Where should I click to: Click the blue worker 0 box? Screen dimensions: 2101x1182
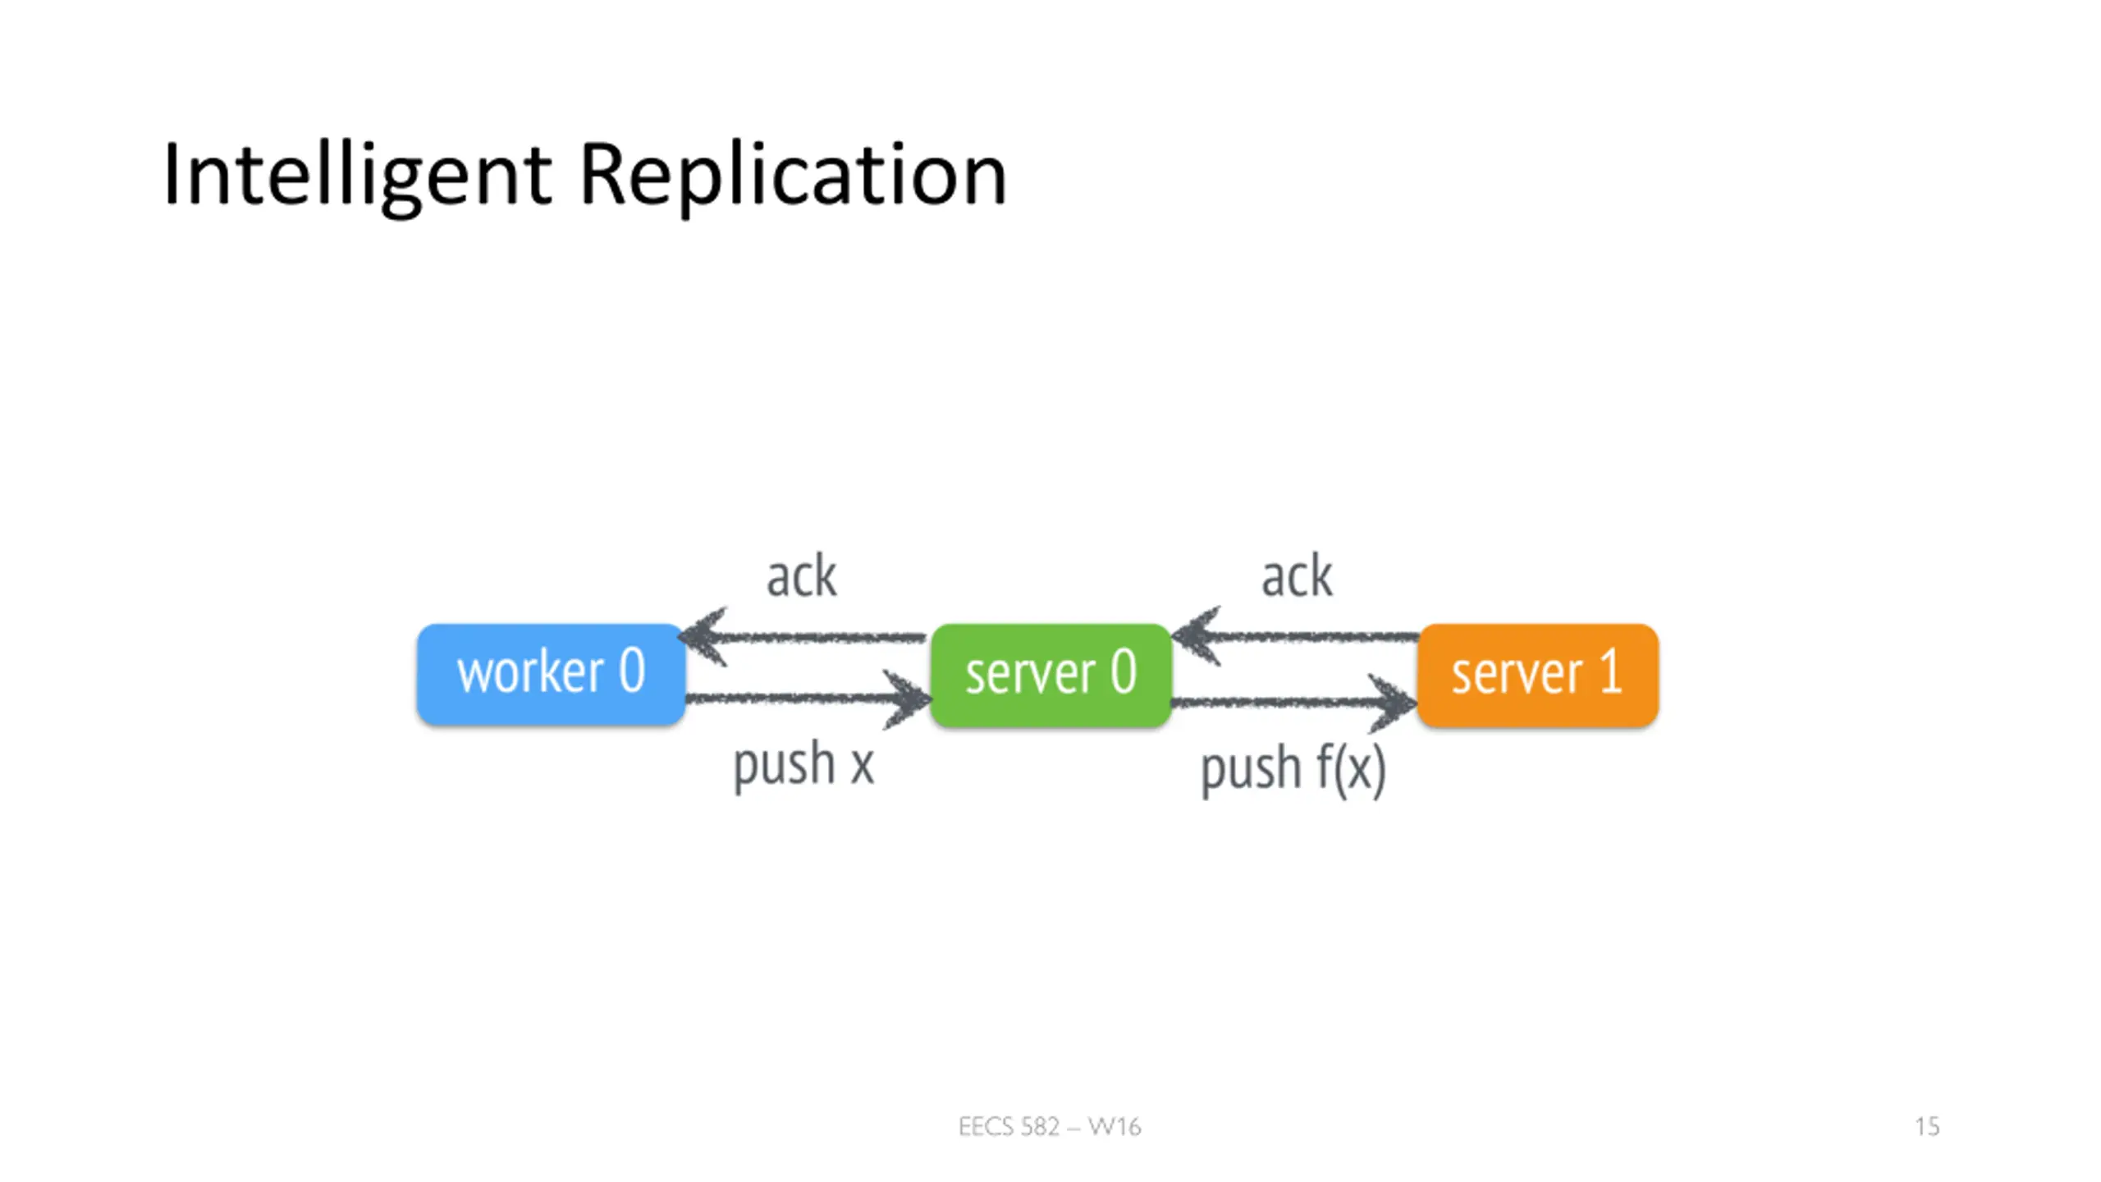click(x=551, y=674)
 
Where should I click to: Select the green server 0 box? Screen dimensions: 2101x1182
click(x=1050, y=675)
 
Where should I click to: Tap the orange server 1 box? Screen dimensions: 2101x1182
click(x=1538, y=675)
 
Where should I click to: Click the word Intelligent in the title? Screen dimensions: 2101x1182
click(x=358, y=176)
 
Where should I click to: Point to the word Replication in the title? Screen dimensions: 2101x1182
click(x=793, y=176)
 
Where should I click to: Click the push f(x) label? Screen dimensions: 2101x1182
click(x=1293, y=769)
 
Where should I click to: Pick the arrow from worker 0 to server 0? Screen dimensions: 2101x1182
click(x=808, y=699)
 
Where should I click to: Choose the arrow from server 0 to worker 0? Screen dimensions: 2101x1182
click(x=803, y=637)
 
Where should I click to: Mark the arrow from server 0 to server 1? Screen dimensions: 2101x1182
click(x=1294, y=702)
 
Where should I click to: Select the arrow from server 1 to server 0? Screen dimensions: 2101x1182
click(x=1295, y=636)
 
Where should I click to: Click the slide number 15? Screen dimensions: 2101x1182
click(x=1927, y=1126)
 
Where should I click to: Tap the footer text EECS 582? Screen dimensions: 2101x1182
click(x=1009, y=1126)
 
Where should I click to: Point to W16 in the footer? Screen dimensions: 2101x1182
click(x=1115, y=1126)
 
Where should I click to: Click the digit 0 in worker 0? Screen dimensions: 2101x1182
click(x=632, y=671)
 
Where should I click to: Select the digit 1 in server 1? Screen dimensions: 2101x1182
click(x=1610, y=671)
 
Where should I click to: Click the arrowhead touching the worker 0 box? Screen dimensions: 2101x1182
click(x=703, y=637)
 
